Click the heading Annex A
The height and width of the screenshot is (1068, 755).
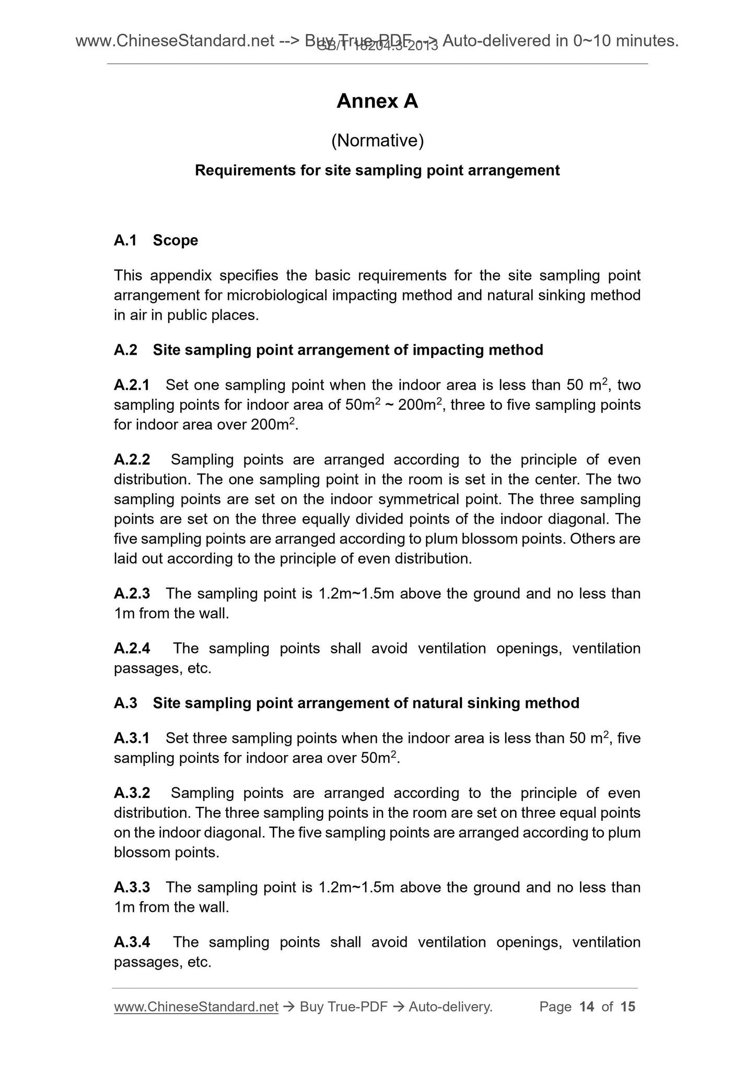click(x=377, y=101)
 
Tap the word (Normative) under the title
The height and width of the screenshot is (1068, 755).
click(x=377, y=141)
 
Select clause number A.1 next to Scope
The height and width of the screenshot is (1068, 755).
click(x=125, y=240)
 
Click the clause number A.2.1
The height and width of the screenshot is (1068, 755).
click(x=132, y=385)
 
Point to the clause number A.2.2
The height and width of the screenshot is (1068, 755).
click(x=132, y=460)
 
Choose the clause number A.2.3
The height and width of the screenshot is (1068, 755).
click(x=132, y=594)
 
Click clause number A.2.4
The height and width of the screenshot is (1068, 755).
click(x=132, y=648)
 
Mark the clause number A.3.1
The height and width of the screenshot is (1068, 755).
click(x=132, y=738)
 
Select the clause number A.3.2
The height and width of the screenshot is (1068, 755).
click(x=132, y=793)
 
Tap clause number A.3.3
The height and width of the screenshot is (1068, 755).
click(x=132, y=887)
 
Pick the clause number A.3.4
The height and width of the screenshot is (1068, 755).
click(x=132, y=942)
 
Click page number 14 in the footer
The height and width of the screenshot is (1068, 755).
click(x=587, y=1007)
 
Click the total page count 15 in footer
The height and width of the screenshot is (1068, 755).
click(x=628, y=1007)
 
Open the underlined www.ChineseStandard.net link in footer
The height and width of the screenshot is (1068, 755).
click(x=196, y=1007)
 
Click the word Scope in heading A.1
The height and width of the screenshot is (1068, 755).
click(x=175, y=240)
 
